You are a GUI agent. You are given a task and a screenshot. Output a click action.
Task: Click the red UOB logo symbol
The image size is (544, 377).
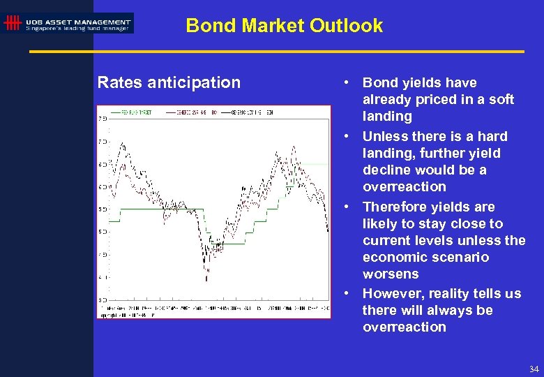click(12, 23)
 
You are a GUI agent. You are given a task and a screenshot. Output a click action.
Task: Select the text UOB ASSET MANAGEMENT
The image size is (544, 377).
click(77, 22)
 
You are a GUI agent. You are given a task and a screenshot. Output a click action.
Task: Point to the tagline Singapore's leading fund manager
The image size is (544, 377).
click(77, 29)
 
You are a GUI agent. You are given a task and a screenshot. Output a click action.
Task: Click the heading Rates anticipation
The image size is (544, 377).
click(169, 82)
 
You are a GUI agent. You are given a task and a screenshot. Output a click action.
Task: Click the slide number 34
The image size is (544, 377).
click(534, 369)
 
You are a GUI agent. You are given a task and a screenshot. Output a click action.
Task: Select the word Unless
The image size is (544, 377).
click(385, 136)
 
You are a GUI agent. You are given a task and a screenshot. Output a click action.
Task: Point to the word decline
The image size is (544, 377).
click(386, 170)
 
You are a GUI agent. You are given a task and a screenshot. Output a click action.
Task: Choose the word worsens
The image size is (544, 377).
click(391, 274)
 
